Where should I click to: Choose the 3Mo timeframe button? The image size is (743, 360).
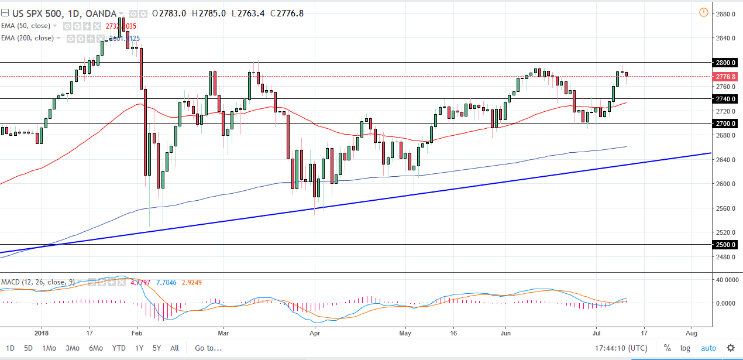pos(72,348)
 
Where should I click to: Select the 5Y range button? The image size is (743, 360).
pos(157,348)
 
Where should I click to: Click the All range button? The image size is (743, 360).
pos(174,348)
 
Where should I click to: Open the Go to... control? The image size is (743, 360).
pos(208,348)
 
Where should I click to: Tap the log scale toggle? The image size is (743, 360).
pos(685,348)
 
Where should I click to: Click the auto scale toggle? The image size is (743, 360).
pos(708,348)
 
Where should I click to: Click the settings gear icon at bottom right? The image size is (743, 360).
pos(730,348)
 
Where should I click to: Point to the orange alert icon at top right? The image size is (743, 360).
pos(703,12)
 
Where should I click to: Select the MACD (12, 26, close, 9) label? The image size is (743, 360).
pos(37,282)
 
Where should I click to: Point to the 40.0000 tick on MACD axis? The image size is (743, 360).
pos(725,280)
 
